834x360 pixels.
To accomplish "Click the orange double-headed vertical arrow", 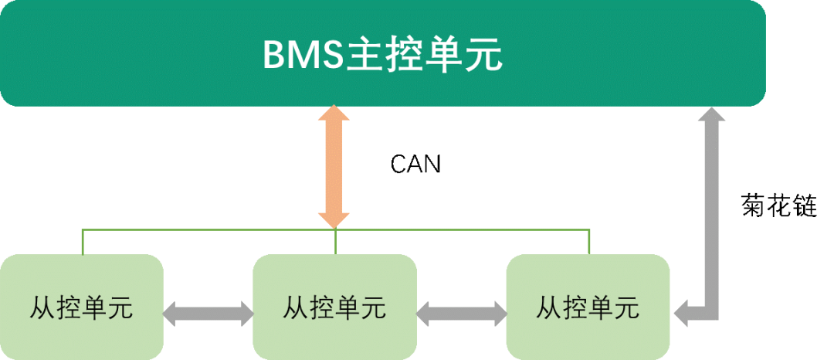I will [334, 167].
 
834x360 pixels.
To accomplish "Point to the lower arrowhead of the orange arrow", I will [334, 219].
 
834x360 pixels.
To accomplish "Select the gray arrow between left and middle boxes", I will [208, 313].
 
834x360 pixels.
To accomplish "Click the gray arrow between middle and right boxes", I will [461, 313].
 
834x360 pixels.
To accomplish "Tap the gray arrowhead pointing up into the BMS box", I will [712, 115].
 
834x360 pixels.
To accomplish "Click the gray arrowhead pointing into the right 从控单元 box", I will [683, 313].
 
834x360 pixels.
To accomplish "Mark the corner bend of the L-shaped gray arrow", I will [712, 313].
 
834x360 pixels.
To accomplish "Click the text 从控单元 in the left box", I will [81, 308].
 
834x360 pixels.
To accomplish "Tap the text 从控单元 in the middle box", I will [334, 308].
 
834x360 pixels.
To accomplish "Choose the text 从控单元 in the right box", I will [588, 308].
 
